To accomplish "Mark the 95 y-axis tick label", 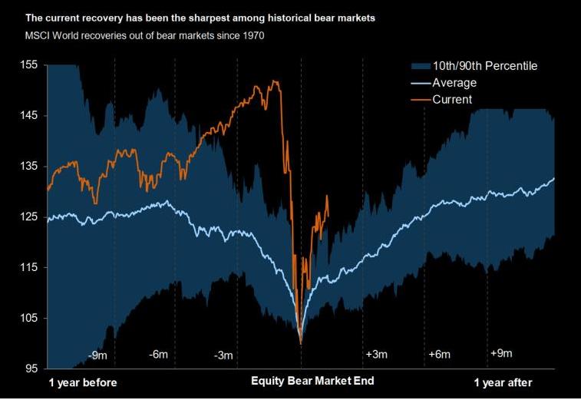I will click(30, 369).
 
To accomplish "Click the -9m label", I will click(97, 355).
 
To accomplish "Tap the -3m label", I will click(223, 355).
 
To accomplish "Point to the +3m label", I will click(375, 354).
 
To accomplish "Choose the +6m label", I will click(437, 354).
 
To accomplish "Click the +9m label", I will click(501, 353).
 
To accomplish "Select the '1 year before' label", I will click(83, 382).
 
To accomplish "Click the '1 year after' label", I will click(503, 382).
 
